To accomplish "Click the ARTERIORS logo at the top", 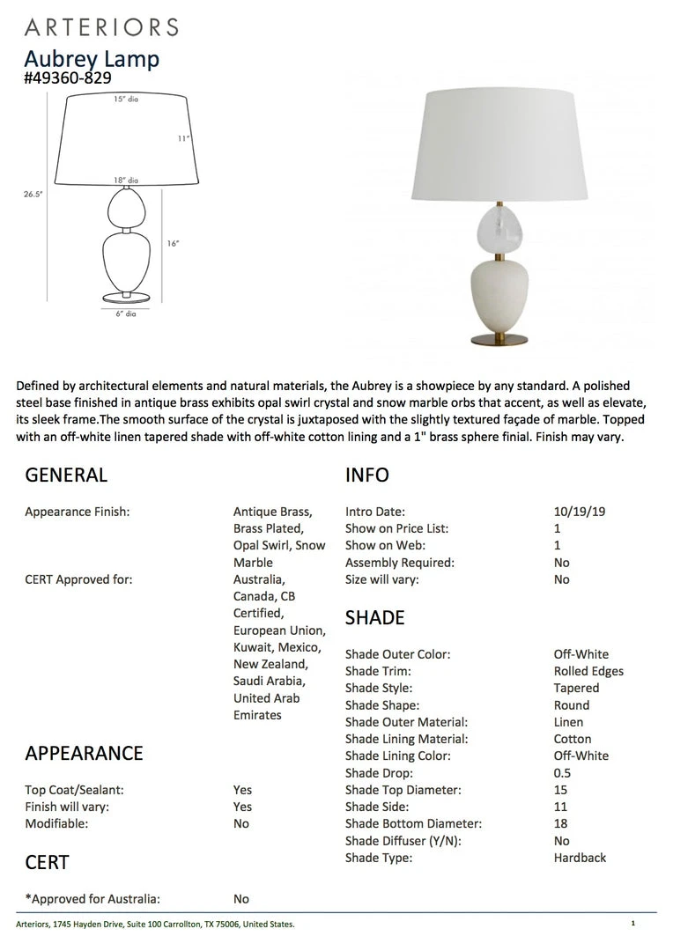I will tap(101, 27).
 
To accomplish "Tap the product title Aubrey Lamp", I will tap(92, 60).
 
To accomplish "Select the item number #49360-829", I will tap(68, 78).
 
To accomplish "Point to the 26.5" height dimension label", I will tap(33, 195).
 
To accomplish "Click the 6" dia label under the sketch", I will tap(125, 313).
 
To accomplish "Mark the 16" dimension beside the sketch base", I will tap(173, 244).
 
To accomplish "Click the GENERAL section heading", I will tap(66, 475).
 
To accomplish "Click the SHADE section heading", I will tap(375, 617).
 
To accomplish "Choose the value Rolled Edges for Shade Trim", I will tap(588, 671).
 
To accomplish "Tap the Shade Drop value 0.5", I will tap(562, 773).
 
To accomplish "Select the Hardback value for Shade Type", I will tap(580, 858).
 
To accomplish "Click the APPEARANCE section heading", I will tap(84, 753).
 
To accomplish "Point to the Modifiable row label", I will tap(56, 823).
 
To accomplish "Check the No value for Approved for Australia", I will tap(241, 899).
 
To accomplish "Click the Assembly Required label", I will tap(400, 563).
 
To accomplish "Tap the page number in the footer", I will tap(632, 924).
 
